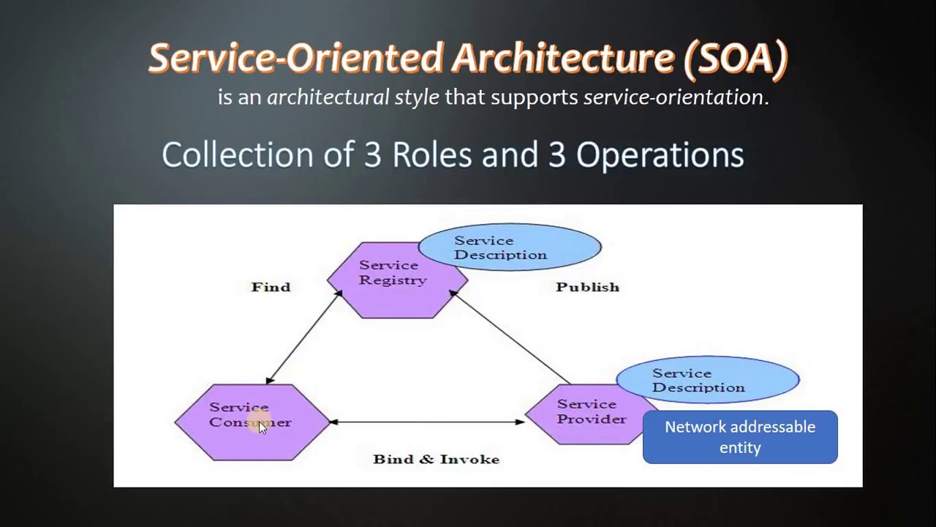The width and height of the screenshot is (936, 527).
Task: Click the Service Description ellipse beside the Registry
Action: pos(510,247)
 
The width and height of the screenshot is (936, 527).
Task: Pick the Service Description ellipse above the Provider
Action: pos(707,380)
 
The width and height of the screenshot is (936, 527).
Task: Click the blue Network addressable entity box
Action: pos(740,437)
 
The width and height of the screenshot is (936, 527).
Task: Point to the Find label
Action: pos(271,287)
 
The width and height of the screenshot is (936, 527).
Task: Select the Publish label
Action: pos(587,287)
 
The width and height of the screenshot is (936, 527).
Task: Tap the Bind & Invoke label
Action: pos(436,459)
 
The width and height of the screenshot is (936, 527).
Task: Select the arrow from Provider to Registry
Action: pos(512,337)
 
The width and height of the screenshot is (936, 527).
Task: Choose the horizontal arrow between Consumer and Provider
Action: pos(427,422)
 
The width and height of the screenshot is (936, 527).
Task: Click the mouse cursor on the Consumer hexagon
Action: pos(263,427)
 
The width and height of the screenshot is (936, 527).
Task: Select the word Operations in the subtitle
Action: pos(660,154)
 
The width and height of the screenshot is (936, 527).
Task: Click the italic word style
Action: pos(417,97)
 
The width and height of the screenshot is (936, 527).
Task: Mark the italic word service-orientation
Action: pos(673,97)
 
